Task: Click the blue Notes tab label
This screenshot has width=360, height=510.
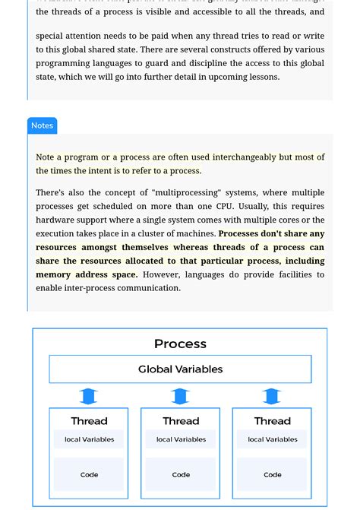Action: pyautogui.click(x=42, y=125)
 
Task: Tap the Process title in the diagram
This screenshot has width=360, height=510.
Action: pyautogui.click(x=180, y=344)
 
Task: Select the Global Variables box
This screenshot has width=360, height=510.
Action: pyautogui.click(x=180, y=369)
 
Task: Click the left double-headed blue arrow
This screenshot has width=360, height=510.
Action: pyautogui.click(x=89, y=396)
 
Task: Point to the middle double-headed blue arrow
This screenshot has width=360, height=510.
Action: pyautogui.click(x=180, y=396)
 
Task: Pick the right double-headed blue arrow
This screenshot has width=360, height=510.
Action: pyautogui.click(x=272, y=396)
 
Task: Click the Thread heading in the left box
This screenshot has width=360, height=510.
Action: pyautogui.click(x=89, y=421)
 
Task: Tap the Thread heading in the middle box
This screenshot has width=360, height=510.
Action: pyautogui.click(x=181, y=421)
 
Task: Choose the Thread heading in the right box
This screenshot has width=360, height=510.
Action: pyautogui.click(x=272, y=421)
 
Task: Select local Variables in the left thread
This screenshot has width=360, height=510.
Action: pyautogui.click(x=89, y=439)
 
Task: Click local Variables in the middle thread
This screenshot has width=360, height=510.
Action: pyautogui.click(x=181, y=439)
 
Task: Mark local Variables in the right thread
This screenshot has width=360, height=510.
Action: pyautogui.click(x=272, y=439)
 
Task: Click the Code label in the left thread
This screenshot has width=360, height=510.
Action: pyautogui.click(x=89, y=475)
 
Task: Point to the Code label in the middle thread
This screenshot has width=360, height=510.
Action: pyautogui.click(x=181, y=475)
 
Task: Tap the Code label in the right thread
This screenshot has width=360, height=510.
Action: pyautogui.click(x=272, y=475)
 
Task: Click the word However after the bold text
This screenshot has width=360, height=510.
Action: pyautogui.click(x=161, y=274)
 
